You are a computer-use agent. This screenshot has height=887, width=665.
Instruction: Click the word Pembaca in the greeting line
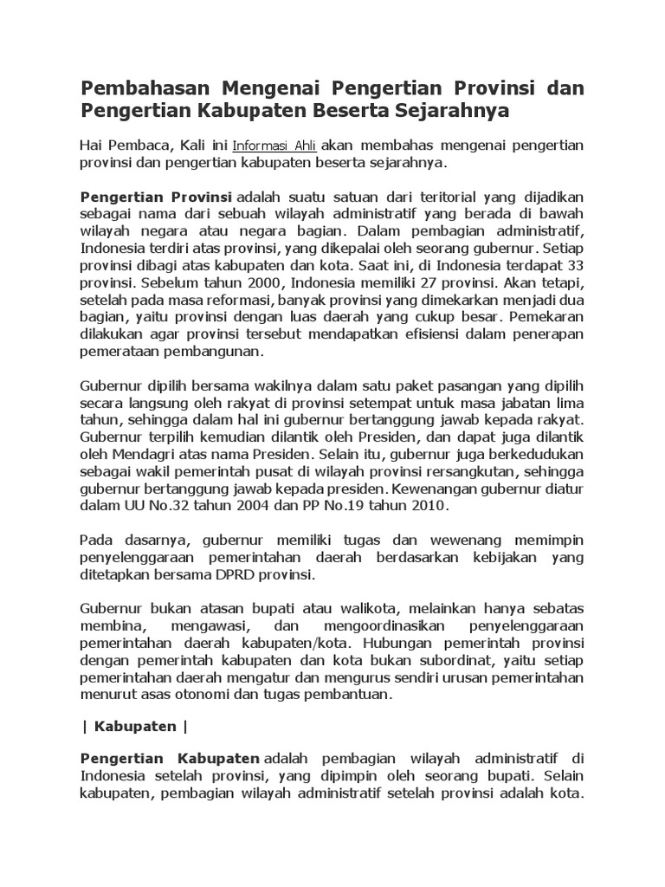point(137,145)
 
